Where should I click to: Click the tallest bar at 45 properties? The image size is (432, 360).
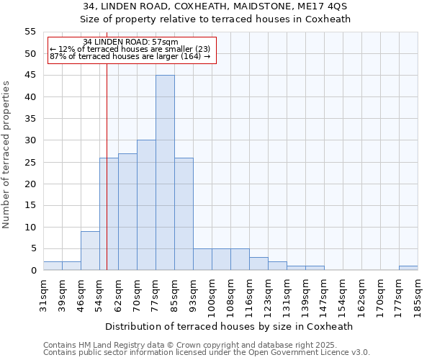(165, 173)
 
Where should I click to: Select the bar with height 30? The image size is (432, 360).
(146, 205)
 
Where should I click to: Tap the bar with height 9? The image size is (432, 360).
(90, 251)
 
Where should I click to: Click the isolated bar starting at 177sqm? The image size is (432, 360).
(408, 268)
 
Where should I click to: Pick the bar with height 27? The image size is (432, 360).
(127, 212)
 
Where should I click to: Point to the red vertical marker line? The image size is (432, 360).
(107, 180)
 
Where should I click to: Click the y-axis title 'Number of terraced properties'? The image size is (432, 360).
(6, 154)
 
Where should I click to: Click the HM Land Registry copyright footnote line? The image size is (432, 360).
(205, 345)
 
